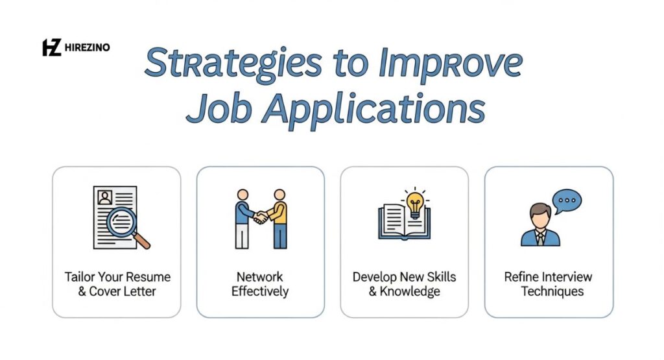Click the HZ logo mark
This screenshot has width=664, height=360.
pyautogui.click(x=51, y=47)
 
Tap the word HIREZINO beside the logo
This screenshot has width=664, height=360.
pyautogui.click(x=86, y=47)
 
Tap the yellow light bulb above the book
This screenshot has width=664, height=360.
pyautogui.click(x=414, y=202)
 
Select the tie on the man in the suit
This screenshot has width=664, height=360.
pyautogui.click(x=540, y=238)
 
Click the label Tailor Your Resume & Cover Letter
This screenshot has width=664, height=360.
pyautogui.click(x=117, y=284)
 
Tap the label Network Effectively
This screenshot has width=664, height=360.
pyautogui.click(x=260, y=284)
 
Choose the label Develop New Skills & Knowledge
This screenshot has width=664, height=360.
pyautogui.click(x=404, y=284)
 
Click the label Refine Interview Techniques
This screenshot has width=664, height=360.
pyautogui.click(x=549, y=284)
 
